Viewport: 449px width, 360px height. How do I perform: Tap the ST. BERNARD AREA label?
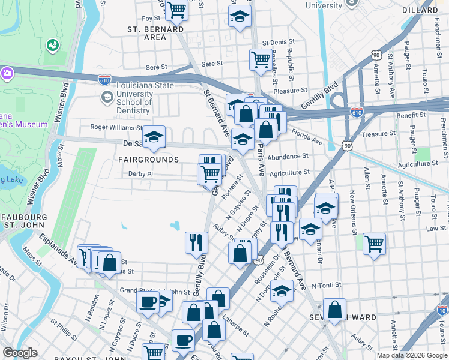(155, 33)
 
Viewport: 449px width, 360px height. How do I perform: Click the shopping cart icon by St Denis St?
(260, 59)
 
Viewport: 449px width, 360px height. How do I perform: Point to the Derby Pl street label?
(142, 174)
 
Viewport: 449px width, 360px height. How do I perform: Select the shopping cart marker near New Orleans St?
(374, 244)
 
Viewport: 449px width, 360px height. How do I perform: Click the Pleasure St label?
(291, 91)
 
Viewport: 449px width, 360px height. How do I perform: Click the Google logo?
(20, 353)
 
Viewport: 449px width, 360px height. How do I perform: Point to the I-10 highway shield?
(442, 310)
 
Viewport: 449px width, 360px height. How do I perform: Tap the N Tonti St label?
(330, 285)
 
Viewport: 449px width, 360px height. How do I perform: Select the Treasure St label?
(379, 134)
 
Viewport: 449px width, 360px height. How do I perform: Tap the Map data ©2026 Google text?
(411, 355)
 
